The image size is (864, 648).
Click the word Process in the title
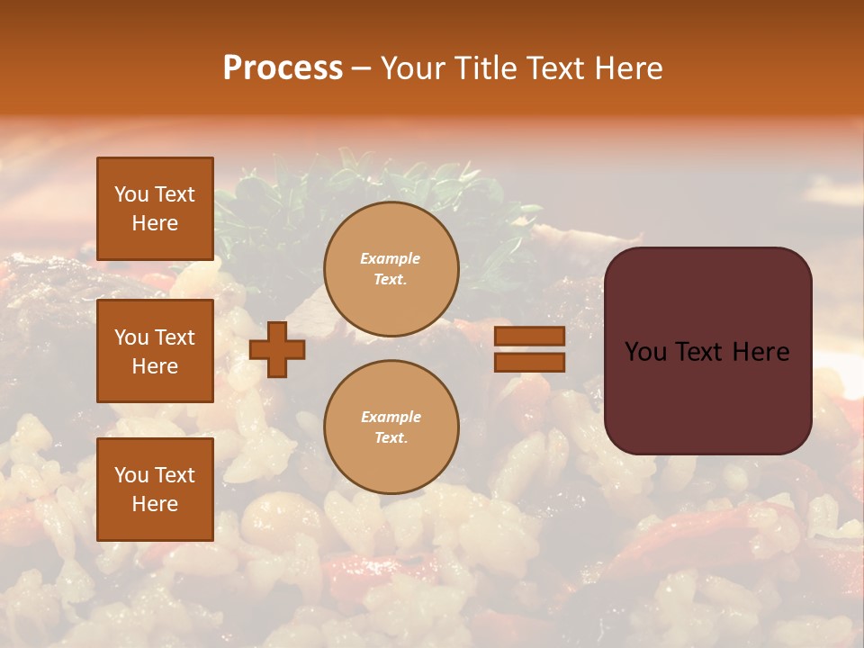coord(283,67)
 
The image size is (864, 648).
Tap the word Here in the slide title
coord(628,67)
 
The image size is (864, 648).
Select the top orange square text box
coord(155,209)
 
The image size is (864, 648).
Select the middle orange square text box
coord(155,351)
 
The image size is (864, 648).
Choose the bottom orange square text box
coord(155,489)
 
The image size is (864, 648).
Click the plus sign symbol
coord(277,349)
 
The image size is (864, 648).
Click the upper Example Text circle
coord(391,269)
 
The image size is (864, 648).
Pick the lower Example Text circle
coord(391,427)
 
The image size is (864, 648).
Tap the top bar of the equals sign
coord(529,337)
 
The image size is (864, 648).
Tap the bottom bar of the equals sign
coord(529,363)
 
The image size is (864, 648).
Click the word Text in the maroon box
coord(706,352)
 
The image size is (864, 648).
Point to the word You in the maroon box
coord(645,352)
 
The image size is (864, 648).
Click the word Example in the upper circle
coord(390,258)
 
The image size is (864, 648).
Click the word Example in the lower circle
coord(391,417)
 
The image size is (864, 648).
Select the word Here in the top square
coord(155,223)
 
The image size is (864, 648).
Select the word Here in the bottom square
coord(155,504)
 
